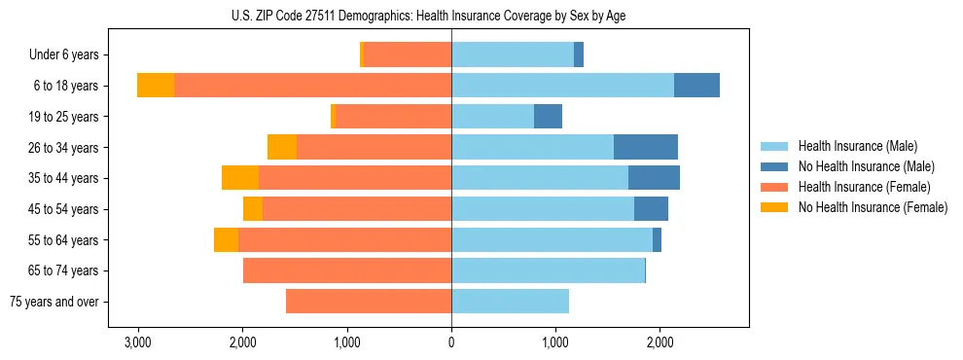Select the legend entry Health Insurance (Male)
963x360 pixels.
(857, 146)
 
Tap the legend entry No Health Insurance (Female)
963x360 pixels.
(873, 207)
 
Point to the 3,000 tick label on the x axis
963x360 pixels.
(138, 342)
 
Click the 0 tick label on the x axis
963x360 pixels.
(451, 342)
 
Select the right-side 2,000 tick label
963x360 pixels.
(660, 342)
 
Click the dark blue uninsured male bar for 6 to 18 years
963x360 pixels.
(696, 86)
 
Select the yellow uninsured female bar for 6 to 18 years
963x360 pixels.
(156, 86)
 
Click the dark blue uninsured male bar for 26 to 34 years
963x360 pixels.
(646, 147)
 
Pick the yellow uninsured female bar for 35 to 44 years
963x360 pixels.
(240, 178)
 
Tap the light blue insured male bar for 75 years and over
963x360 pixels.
(510, 302)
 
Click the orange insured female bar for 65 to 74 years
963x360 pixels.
(347, 270)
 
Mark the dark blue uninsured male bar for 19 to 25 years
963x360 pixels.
(548, 117)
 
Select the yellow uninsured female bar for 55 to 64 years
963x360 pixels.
(226, 239)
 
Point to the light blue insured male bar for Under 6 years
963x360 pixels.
(513, 54)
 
